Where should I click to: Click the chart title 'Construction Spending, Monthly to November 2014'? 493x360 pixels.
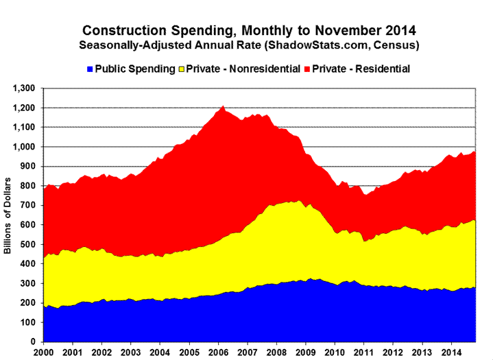[x=248, y=31]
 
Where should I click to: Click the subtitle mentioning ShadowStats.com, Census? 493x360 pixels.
[x=248, y=45]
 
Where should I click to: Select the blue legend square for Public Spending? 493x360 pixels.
[x=88, y=69]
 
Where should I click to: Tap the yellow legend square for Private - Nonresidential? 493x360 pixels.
[x=182, y=69]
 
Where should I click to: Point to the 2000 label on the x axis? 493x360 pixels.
[x=44, y=352]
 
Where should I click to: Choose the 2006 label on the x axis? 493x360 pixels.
[x=219, y=352]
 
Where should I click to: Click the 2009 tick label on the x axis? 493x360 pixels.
[x=306, y=352]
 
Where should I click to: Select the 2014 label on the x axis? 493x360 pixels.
[x=451, y=352]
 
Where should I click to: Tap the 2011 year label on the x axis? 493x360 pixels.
[x=364, y=352]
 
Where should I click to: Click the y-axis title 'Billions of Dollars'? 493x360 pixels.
[x=9, y=215]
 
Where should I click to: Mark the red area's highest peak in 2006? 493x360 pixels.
[x=223, y=107]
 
